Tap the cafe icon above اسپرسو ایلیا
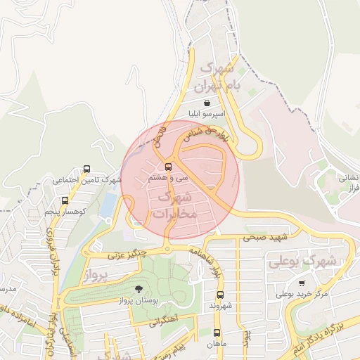coord(205,103)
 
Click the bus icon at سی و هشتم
coord(168,167)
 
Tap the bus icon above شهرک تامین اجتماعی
coord(86,169)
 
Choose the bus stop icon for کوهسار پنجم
coord(65,200)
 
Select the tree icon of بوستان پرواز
coord(138,290)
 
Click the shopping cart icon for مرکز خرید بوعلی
coord(302,283)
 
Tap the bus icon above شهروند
coord(220,295)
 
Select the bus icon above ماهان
coord(217,333)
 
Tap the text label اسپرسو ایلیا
coord(205,114)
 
